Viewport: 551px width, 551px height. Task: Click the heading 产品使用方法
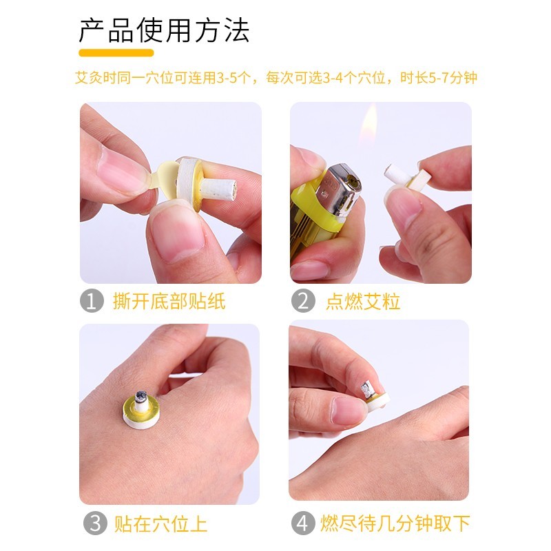164,30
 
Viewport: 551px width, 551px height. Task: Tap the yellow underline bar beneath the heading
116,53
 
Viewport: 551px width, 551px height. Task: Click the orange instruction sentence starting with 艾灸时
276,78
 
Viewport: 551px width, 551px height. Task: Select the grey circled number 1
92,300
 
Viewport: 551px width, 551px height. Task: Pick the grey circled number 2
303,300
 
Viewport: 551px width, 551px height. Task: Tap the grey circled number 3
95,523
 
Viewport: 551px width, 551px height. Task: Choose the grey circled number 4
303,523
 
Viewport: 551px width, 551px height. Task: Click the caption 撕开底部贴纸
169,301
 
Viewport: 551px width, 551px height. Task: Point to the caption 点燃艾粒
363,301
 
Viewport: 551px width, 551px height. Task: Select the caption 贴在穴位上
160,523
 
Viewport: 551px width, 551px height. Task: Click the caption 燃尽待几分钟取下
395,523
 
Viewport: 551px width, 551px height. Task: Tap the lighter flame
369,124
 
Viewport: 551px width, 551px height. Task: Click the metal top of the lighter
338,189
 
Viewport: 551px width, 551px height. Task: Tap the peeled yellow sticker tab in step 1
165,175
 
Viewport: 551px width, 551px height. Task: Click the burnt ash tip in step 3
141,395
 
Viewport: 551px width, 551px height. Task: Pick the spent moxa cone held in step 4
374,395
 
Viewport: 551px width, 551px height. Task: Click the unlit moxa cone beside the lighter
407,177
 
